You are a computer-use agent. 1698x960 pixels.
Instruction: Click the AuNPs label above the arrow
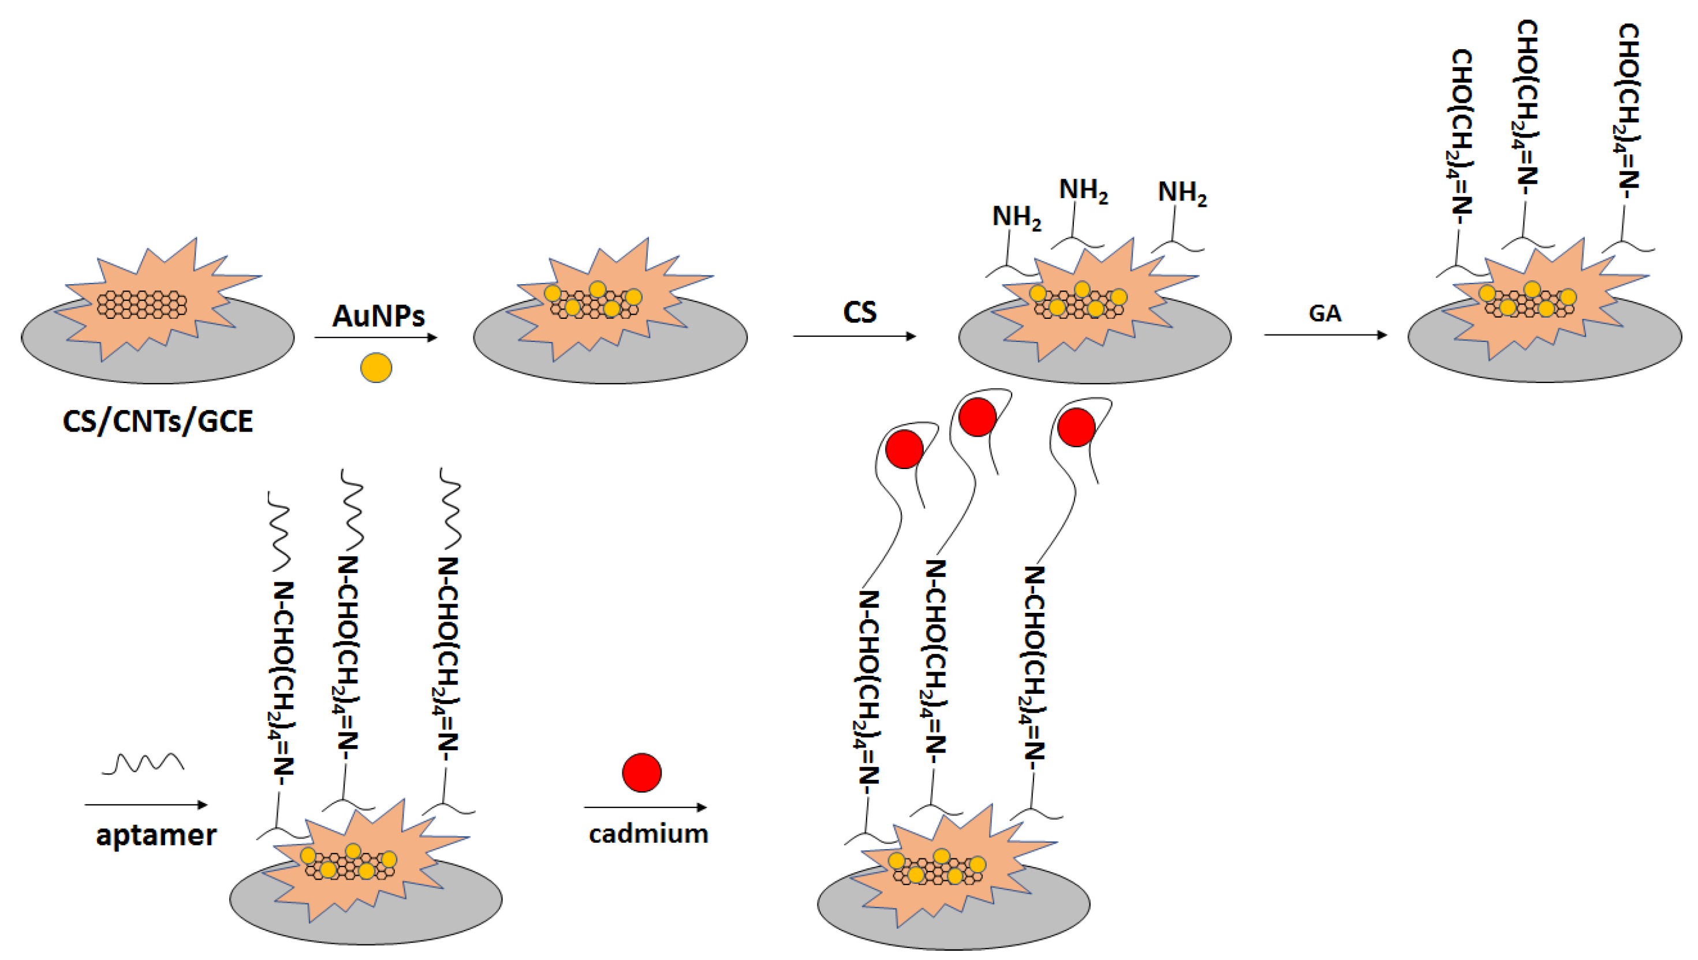[x=378, y=316]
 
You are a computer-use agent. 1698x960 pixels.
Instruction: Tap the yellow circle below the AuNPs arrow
[x=376, y=367]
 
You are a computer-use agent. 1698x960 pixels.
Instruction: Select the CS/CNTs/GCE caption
[x=158, y=421]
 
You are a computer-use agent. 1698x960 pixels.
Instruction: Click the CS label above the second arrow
[x=860, y=312]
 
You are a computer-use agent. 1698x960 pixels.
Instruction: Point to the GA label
[x=1324, y=313]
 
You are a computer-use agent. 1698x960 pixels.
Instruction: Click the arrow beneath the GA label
[x=1325, y=335]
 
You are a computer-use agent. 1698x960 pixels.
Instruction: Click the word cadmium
[x=648, y=834]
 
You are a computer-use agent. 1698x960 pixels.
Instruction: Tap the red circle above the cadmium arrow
[x=641, y=772]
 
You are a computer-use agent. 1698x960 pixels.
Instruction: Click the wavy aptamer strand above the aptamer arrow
[x=143, y=764]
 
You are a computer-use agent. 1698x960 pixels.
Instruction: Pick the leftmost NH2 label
[x=1016, y=218]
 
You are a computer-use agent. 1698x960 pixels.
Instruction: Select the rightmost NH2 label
[x=1182, y=193]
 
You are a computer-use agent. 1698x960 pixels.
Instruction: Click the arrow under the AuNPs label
[x=376, y=337]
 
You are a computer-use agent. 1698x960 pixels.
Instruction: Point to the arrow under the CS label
[x=854, y=336]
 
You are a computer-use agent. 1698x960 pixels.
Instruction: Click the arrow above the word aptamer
[x=145, y=805]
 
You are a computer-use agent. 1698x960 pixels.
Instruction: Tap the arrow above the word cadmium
[x=645, y=807]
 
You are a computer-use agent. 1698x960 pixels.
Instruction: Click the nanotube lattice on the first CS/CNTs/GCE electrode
[x=141, y=304]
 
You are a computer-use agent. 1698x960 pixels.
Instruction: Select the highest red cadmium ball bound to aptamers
[x=977, y=416]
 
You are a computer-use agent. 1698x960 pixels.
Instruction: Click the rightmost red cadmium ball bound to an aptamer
[x=1076, y=427]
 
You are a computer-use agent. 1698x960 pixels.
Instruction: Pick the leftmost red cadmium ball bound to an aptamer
[x=904, y=449]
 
